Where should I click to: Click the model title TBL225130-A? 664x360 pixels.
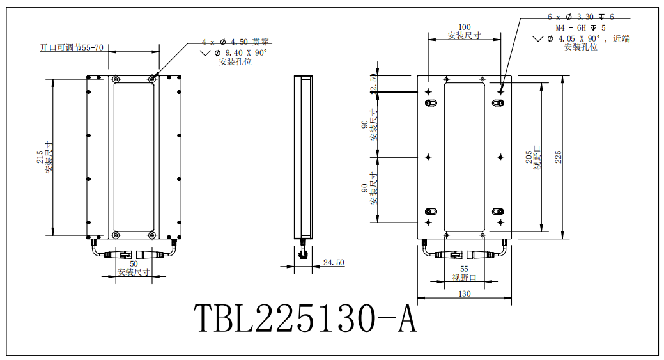click(305, 318)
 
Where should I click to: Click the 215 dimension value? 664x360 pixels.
click(40, 157)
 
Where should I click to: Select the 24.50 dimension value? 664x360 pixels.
click(334, 263)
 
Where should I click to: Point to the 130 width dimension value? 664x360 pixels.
click(464, 294)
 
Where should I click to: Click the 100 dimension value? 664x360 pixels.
click(464, 27)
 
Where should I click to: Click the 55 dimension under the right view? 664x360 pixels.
click(464, 269)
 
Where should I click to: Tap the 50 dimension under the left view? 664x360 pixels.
click(134, 263)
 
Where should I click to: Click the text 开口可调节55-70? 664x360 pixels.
click(71, 48)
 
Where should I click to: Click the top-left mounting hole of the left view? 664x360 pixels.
click(116, 79)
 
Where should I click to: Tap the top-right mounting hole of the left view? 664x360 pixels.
click(151, 79)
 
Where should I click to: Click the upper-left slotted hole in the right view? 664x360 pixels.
click(429, 102)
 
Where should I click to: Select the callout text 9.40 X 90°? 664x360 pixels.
click(245, 52)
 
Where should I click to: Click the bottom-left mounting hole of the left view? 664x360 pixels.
click(116, 234)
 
